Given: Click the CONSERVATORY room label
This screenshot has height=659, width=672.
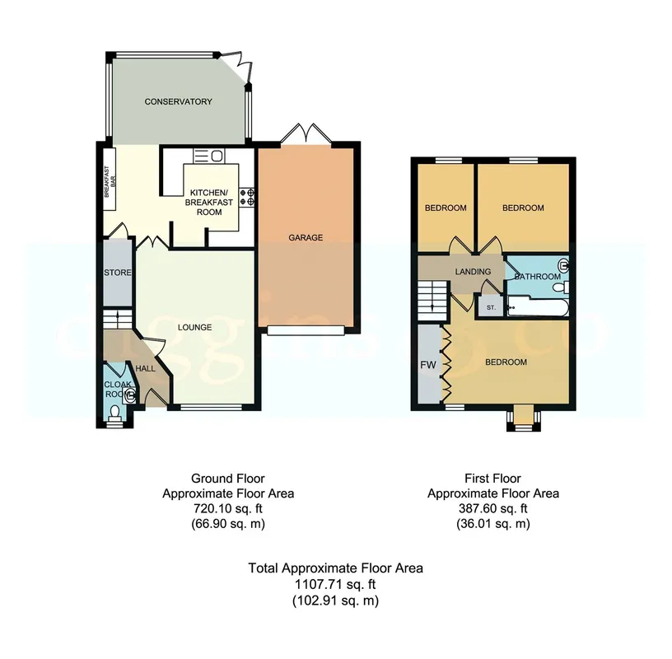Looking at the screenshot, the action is pyautogui.click(x=178, y=101).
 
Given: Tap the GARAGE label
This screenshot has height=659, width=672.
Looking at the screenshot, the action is pyautogui.click(x=306, y=237).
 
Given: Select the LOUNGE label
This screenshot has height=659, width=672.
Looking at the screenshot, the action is pyautogui.click(x=194, y=327).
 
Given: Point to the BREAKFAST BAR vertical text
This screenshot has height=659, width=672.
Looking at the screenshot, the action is pyautogui.click(x=110, y=182).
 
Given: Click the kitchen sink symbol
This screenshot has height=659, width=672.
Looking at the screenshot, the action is pyautogui.click(x=208, y=156).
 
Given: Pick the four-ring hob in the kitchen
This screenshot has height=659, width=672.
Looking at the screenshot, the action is pyautogui.click(x=247, y=197).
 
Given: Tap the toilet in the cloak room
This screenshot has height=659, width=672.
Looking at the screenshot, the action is pyautogui.click(x=114, y=414).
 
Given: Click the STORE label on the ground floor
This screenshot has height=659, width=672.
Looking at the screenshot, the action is pyautogui.click(x=118, y=273).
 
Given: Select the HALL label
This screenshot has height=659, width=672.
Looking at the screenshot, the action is pyautogui.click(x=145, y=369).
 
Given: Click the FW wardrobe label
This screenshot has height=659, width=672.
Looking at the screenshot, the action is pyautogui.click(x=427, y=365).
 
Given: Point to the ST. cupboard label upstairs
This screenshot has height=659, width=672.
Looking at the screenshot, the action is pyautogui.click(x=491, y=307).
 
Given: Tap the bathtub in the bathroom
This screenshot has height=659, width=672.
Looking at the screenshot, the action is pyautogui.click(x=538, y=307).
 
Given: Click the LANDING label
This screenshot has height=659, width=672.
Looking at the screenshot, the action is pyautogui.click(x=473, y=271).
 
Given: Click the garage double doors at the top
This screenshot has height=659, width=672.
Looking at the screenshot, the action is pyautogui.click(x=306, y=133).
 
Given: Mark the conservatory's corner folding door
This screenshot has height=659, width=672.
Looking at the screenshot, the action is pyautogui.click(x=236, y=68).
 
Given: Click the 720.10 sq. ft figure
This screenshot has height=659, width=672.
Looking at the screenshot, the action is pyautogui.click(x=228, y=508).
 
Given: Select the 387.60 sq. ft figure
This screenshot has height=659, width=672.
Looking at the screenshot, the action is pyautogui.click(x=492, y=508).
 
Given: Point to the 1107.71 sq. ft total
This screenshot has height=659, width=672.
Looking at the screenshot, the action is pyautogui.click(x=335, y=584).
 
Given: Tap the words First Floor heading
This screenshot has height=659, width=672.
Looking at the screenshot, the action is pyautogui.click(x=492, y=478).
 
